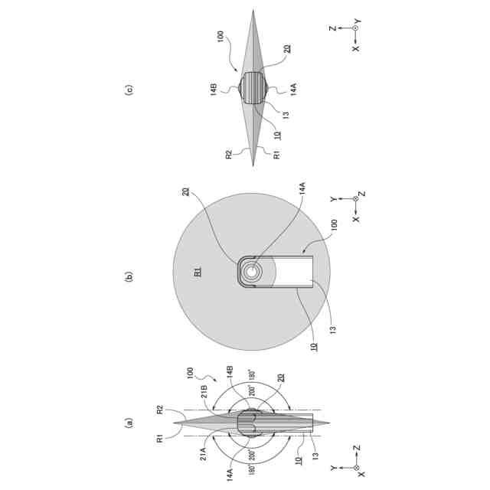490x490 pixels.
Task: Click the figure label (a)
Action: (129, 423)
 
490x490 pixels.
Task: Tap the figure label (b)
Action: (129, 276)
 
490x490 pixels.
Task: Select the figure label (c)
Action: (129, 90)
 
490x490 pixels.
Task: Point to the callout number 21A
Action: (204, 454)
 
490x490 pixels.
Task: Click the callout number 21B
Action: (204, 392)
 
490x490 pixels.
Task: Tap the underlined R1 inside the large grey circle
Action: (198, 272)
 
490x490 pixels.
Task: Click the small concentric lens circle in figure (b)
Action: (251, 272)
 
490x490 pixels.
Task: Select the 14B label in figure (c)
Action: (214, 90)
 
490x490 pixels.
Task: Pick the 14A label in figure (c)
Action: (293, 90)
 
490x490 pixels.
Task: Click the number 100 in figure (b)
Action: (334, 225)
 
